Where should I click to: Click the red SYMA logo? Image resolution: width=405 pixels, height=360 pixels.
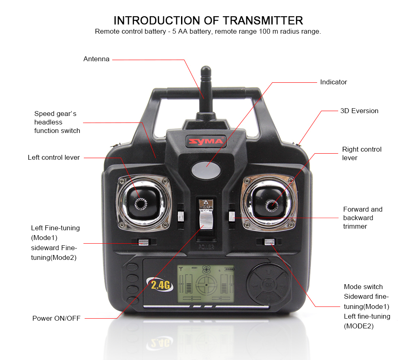pos(206,141)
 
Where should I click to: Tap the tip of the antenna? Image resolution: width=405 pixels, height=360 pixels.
pos(206,67)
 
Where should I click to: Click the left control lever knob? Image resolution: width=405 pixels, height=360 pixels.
pos(141,204)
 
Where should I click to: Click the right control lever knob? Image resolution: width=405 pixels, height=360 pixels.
pos(272,206)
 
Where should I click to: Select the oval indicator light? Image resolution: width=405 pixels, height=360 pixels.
pos(206,170)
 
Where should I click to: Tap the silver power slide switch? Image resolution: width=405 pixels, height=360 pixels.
pos(206,219)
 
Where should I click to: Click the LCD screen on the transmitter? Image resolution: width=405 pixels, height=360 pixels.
pos(206,284)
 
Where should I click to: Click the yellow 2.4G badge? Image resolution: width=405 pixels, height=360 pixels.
pos(160,285)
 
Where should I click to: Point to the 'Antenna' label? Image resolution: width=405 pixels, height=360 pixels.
pos(96,59)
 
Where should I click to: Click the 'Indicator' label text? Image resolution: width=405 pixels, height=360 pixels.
pos(333,82)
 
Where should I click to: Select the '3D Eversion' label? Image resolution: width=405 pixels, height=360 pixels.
pos(359,111)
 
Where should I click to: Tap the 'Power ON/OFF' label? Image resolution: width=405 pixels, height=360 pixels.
pos(56,318)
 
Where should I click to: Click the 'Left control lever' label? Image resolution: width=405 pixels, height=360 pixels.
pos(54,157)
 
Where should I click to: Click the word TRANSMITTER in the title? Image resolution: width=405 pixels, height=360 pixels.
pos(263,20)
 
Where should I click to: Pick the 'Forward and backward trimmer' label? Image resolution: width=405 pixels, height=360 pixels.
pos(362,218)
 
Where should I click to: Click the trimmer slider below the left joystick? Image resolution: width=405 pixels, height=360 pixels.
pos(143,242)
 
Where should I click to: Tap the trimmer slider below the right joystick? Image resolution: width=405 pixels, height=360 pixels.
pos(269,242)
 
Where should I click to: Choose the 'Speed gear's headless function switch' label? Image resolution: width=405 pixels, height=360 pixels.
pos(57,122)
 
